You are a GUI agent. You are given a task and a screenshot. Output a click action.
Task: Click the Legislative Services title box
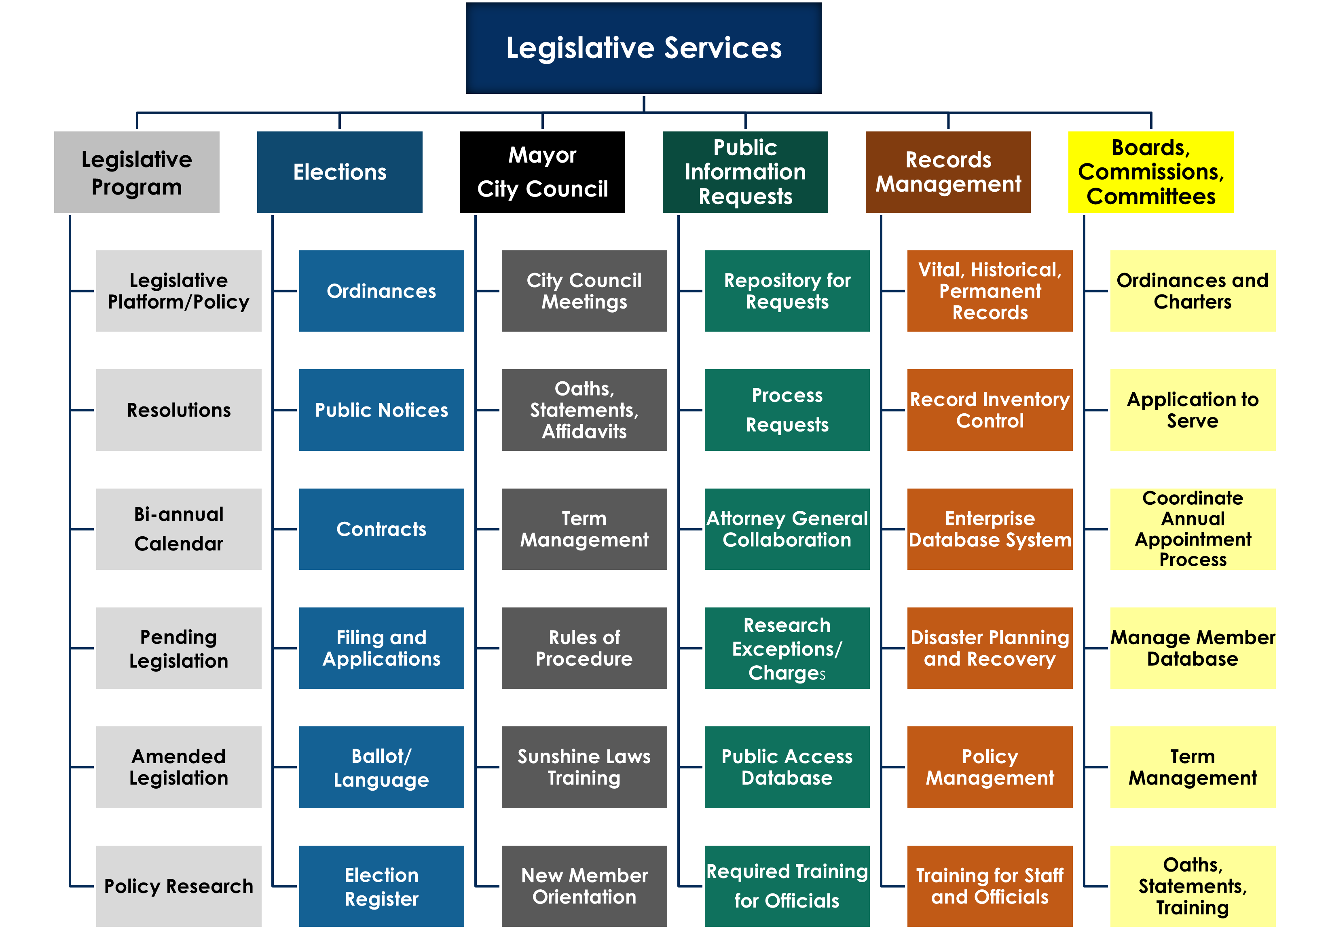pyautogui.click(x=643, y=48)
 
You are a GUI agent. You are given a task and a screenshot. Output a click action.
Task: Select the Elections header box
pyautogui.click(x=339, y=172)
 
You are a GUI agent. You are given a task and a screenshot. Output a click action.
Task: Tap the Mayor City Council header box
pyautogui.click(x=542, y=172)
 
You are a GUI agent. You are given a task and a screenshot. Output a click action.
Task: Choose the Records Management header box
pyautogui.click(x=948, y=172)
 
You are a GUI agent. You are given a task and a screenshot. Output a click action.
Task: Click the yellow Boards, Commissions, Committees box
pyautogui.click(x=1150, y=172)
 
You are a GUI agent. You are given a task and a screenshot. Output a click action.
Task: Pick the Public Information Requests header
pyautogui.click(x=745, y=172)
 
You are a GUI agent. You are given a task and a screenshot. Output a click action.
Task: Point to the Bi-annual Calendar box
pyautogui.click(x=178, y=529)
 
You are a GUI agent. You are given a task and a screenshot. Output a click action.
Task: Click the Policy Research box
pyautogui.click(x=178, y=886)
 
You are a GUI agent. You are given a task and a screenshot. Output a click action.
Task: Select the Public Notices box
pyautogui.click(x=381, y=410)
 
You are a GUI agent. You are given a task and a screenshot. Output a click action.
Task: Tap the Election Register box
pyautogui.click(x=381, y=886)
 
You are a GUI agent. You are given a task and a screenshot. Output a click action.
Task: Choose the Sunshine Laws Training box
pyautogui.click(x=584, y=767)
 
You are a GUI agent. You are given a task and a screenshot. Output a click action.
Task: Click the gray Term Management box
pyautogui.click(x=584, y=529)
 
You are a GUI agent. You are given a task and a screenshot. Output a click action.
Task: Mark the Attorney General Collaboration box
pyautogui.click(x=787, y=529)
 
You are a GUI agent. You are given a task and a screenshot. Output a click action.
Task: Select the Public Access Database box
pyautogui.click(x=787, y=767)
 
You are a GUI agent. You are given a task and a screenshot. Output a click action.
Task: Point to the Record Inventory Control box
pyautogui.click(x=990, y=410)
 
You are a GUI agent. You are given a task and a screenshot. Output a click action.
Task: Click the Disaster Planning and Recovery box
pyautogui.click(x=990, y=648)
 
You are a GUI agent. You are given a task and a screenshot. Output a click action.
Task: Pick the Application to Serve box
pyautogui.click(x=1192, y=410)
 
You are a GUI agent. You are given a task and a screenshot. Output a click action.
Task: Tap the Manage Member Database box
pyautogui.click(x=1192, y=648)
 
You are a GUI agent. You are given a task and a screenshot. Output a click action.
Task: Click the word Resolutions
pyautogui.click(x=178, y=410)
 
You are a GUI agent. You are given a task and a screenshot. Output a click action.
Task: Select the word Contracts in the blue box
pyautogui.click(x=381, y=529)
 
